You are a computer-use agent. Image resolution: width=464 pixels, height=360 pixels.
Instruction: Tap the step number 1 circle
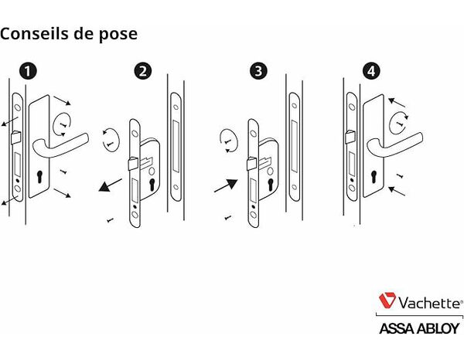coord(28,72)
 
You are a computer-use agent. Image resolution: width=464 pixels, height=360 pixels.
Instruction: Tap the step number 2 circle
coord(142,72)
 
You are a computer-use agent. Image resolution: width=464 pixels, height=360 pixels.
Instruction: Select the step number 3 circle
coord(260,72)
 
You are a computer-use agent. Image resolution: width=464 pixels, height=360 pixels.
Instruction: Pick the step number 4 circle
coord(373,72)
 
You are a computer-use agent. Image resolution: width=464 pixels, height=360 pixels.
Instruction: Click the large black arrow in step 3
coord(225,186)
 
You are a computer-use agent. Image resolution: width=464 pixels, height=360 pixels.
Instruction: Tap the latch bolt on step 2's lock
coord(132,163)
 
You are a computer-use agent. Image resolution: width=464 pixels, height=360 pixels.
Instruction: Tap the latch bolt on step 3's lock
coord(250,163)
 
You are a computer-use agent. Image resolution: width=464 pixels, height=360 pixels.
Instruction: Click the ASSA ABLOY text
coord(418,328)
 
